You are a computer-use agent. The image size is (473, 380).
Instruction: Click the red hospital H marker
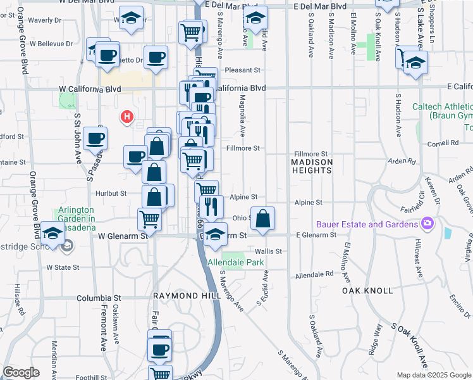(127, 117)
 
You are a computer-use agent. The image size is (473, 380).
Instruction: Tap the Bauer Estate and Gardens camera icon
(428, 224)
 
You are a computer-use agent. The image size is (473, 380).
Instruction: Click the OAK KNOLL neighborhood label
(367, 290)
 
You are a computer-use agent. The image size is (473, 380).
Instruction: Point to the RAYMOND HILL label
(183, 296)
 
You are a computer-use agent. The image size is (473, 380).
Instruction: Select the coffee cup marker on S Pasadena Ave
(95, 138)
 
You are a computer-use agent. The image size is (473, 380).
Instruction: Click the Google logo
(21, 372)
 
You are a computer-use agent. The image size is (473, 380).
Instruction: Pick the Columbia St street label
(99, 297)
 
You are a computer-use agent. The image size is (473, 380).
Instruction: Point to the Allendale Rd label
(314, 275)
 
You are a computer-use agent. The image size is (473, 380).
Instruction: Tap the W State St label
(63, 267)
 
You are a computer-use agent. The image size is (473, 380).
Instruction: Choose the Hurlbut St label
(111, 193)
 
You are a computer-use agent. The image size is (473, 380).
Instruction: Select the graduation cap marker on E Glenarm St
(216, 234)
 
